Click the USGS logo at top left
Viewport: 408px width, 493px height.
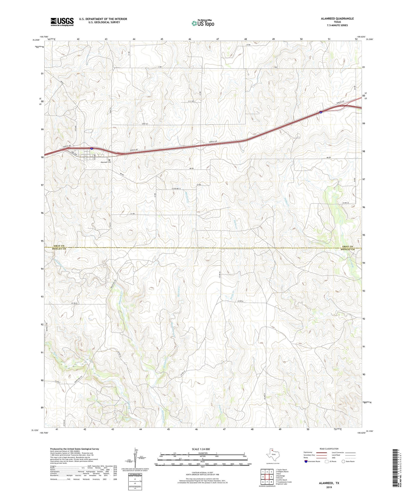[62, 22]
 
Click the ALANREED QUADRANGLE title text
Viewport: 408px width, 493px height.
[337, 18]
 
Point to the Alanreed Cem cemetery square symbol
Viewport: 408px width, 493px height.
[110, 160]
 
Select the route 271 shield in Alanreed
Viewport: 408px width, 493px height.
[85, 157]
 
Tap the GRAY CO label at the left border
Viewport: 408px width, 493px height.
[59, 246]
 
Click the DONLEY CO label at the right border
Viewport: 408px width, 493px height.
[348, 249]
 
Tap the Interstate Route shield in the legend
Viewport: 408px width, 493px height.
[306, 461]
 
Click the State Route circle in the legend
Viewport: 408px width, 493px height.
[343, 461]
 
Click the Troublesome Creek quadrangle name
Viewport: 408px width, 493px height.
[284, 482]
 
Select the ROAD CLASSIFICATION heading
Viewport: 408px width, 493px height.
[329, 449]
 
